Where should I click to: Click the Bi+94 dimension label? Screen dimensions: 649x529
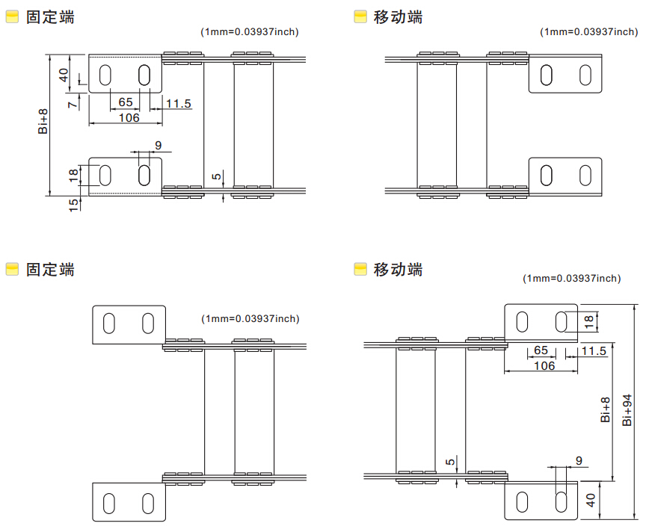[627, 410]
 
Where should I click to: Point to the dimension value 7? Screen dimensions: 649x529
[73, 103]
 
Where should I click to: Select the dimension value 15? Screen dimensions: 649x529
[73, 205]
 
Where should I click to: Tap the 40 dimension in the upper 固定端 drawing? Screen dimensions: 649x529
[64, 75]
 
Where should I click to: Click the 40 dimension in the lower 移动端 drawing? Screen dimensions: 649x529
[591, 500]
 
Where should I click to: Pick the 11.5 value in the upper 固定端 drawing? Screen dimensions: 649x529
[179, 103]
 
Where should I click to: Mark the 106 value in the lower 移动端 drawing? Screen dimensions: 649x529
[544, 365]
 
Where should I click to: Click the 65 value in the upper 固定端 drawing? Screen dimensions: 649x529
[126, 102]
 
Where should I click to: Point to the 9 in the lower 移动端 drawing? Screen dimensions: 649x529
[579, 460]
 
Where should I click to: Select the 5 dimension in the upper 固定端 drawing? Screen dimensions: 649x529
[217, 176]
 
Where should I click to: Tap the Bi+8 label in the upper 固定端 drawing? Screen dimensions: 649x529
[43, 121]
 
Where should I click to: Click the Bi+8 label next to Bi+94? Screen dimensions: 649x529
[605, 409]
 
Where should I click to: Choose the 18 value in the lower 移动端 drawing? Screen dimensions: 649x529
[588, 321]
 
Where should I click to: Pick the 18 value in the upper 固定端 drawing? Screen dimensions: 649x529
[73, 176]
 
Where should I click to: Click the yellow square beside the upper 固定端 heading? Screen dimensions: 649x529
[13, 16]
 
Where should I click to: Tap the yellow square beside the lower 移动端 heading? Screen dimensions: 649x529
[360, 269]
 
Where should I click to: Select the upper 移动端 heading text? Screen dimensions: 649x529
[398, 17]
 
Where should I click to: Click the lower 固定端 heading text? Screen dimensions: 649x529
[50, 269]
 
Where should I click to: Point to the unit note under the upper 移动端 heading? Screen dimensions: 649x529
[588, 32]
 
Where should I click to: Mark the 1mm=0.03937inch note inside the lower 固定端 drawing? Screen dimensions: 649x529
[250, 319]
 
